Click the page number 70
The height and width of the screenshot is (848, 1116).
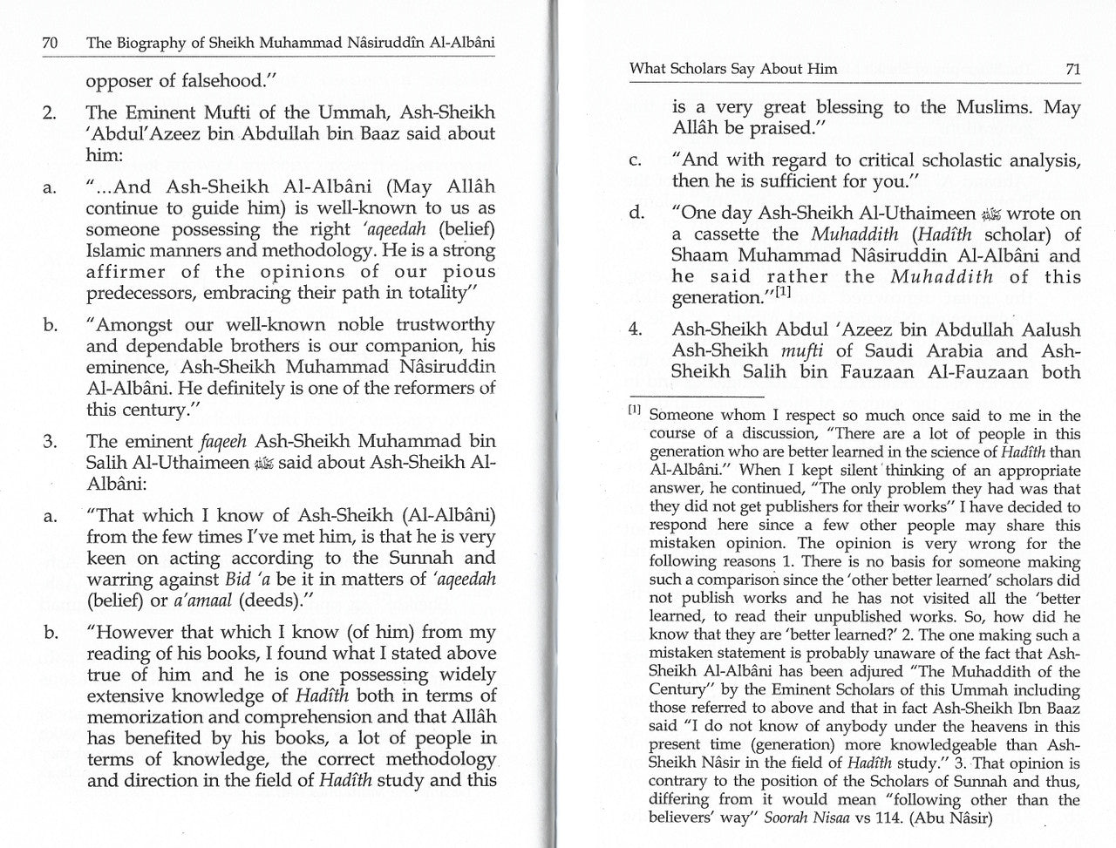50,43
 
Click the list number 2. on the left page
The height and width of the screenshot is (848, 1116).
50,113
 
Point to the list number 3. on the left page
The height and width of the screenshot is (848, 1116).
50,442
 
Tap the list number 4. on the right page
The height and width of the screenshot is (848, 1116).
636,330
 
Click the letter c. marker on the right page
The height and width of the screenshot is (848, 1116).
636,161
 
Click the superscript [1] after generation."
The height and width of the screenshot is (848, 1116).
779,293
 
